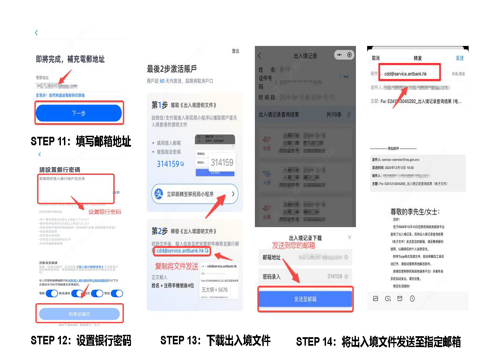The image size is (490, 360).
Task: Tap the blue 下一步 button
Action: (79, 113)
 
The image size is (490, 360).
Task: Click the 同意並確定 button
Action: (79, 314)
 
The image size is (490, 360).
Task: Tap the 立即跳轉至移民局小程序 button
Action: (195, 194)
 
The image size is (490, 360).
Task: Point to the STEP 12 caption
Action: (81, 340)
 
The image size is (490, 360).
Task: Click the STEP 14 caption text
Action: (378, 342)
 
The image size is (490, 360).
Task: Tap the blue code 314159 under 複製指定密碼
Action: (168, 164)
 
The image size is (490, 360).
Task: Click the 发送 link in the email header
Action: (459, 58)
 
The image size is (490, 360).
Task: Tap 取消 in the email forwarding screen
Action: (376, 58)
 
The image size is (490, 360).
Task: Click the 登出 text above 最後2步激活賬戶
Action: (235, 51)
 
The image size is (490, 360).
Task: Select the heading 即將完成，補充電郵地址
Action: (70, 59)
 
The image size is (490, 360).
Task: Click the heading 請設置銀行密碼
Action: (60, 169)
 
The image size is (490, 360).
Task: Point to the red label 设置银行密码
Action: (105, 212)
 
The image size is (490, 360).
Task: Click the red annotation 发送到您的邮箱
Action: (293, 245)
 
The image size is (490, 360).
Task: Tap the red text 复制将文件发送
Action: (177, 266)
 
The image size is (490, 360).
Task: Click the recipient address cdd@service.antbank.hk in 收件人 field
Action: (405, 74)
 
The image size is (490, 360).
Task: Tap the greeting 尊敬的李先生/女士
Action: (415, 212)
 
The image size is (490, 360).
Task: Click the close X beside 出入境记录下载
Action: (349, 237)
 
